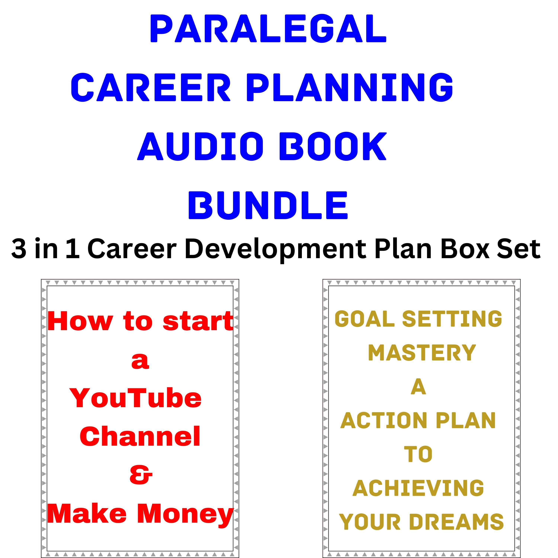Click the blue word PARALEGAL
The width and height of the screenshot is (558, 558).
pyautogui.click(x=268, y=29)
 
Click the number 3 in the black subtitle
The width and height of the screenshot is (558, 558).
pyautogui.click(x=19, y=249)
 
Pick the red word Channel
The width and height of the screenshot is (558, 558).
pyautogui.click(x=140, y=436)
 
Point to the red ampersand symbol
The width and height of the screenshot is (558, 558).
pyautogui.click(x=141, y=475)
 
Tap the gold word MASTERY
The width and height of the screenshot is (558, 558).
pyautogui.click(x=422, y=353)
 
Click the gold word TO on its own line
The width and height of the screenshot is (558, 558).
pyautogui.click(x=418, y=455)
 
